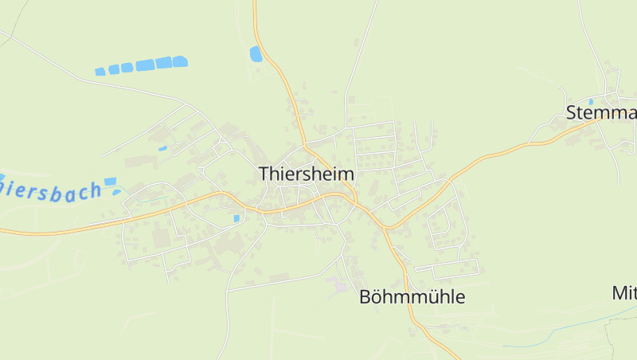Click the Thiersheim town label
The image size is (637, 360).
pos(307,174)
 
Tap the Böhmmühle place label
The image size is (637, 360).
pos(412,297)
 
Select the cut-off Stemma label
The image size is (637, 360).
pos(601,112)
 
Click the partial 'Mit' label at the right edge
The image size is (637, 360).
pos(624,292)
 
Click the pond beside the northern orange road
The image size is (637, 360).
pos(256,53)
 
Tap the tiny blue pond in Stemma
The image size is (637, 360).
pos(591,102)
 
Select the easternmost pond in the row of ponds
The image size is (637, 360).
pos(181,61)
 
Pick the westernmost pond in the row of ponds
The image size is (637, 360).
pos(100,72)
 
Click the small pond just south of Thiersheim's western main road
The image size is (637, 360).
pos(236,217)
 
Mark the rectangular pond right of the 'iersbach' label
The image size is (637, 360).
pos(110,182)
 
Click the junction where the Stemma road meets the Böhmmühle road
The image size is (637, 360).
pos(385,228)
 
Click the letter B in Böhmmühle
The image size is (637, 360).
pos(365,297)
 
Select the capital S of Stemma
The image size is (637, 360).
pos(572,112)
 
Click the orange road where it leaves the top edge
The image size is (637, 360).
pos(255,2)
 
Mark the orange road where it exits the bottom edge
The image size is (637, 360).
pos(435,357)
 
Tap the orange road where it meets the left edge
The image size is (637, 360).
pos(2,232)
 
